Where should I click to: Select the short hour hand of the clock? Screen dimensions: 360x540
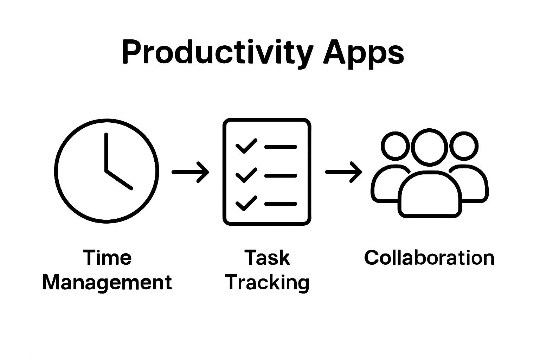(x=119, y=180)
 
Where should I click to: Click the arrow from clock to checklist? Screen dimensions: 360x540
(x=190, y=172)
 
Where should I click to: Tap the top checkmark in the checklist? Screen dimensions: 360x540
(x=246, y=146)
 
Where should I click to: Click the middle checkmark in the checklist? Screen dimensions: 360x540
(x=246, y=175)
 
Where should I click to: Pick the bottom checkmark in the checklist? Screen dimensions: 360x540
(x=246, y=203)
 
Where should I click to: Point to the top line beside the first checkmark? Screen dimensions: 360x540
(x=281, y=147)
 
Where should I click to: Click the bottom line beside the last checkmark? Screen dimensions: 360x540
(x=281, y=204)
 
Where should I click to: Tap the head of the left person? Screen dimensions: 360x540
(x=395, y=146)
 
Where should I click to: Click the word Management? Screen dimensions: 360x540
(x=107, y=282)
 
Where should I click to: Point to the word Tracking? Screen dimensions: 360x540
(x=267, y=282)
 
